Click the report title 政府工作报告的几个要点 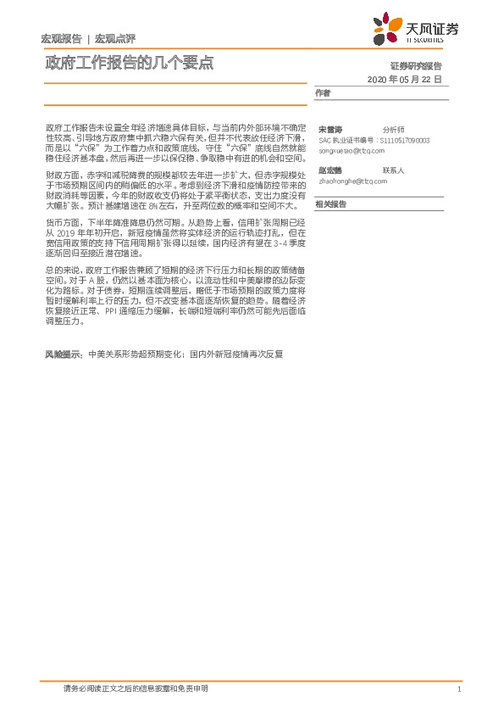tap(129, 63)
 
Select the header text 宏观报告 tap(61, 38)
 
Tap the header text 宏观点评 tap(114, 38)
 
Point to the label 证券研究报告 tap(416, 65)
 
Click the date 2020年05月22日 tap(405, 79)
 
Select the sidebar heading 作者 tap(323, 92)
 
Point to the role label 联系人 tap(394, 170)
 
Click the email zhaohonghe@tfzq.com tap(352, 181)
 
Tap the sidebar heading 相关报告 tap(330, 204)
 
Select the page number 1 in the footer tap(457, 689)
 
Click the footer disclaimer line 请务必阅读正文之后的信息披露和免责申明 tap(136, 689)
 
